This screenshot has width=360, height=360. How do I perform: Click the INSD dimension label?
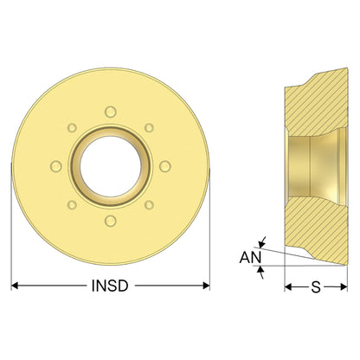(x=110, y=286)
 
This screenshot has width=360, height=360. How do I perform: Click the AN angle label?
(x=250, y=258)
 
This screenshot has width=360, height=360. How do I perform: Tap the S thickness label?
(x=316, y=287)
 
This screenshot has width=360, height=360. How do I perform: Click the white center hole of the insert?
(x=111, y=166)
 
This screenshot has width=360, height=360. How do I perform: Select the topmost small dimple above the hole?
(x=111, y=112)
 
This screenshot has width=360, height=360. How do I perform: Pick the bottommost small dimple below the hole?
(x=111, y=221)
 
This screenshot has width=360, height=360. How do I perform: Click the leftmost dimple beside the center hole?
(x=56, y=166)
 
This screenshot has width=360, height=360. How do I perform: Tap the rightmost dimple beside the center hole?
(x=165, y=166)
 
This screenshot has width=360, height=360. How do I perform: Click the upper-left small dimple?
(x=72, y=128)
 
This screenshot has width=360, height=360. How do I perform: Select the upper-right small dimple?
(x=149, y=127)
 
